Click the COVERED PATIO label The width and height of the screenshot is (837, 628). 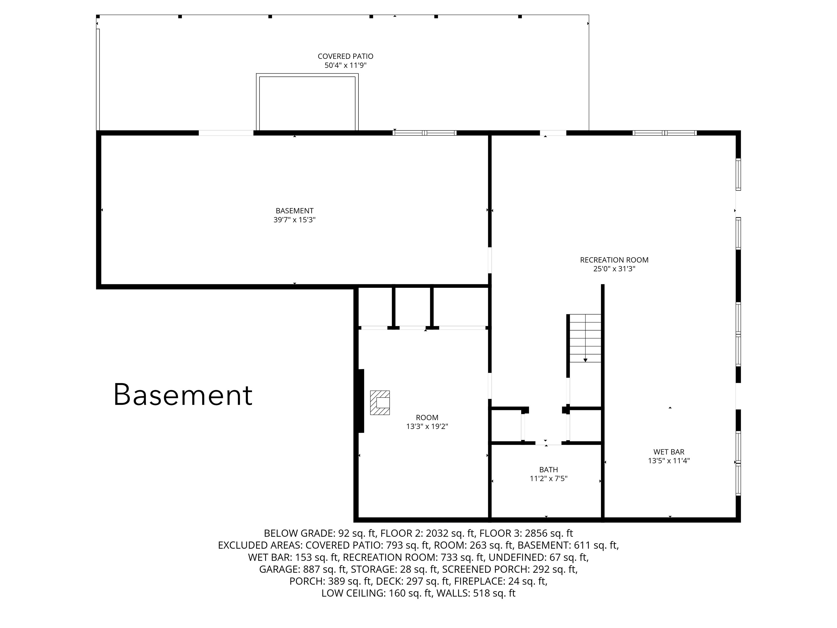pos(345,56)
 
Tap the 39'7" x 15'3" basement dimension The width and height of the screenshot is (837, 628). pos(295,220)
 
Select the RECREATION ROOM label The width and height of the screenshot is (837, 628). pos(614,260)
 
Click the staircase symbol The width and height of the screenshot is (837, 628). pos(585,338)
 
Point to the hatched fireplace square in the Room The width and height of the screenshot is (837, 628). pos(380,403)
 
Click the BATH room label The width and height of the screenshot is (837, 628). pos(548,470)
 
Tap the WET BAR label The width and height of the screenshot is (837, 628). pos(669,452)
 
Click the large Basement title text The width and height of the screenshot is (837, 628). pos(183,395)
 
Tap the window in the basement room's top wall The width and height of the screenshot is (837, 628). pos(425,133)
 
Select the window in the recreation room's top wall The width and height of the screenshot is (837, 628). pos(664,133)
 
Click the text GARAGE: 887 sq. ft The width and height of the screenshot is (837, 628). pos(303,569)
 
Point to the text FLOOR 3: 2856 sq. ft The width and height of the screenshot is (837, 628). pos(526,533)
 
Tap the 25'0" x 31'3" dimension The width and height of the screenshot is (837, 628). pos(614,269)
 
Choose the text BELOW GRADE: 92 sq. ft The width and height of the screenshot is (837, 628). pos(320,533)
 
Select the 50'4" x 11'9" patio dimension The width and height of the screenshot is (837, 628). pos(345,65)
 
